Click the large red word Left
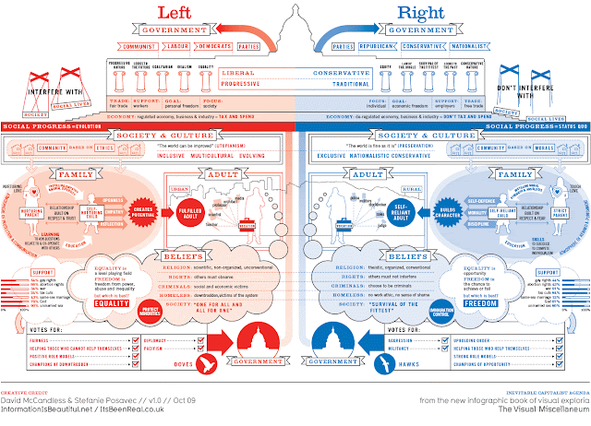(x=184, y=13)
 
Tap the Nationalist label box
(x=470, y=44)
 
